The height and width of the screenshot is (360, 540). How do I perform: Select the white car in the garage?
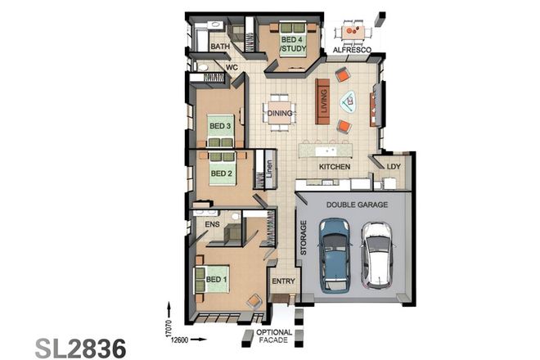[378, 254]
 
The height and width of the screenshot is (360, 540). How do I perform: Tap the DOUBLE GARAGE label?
[357, 205]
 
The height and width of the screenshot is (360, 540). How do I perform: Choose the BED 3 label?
[220, 126]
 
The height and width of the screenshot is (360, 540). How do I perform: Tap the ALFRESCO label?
[353, 51]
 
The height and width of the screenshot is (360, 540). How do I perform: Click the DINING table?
[281, 115]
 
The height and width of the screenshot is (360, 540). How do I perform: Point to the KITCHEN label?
[334, 167]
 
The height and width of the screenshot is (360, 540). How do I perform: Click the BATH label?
[220, 47]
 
